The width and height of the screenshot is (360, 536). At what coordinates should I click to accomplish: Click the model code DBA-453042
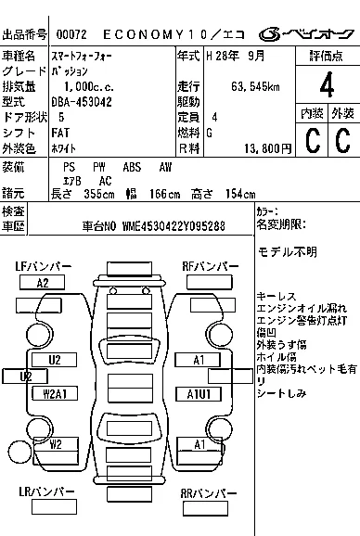click(84, 102)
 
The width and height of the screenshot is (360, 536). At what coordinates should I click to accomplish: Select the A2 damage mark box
click(42, 283)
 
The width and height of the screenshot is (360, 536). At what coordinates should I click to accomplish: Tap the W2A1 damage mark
click(54, 393)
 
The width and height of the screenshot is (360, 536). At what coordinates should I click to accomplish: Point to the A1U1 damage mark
click(199, 393)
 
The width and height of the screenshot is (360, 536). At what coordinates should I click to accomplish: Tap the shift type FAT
click(67, 132)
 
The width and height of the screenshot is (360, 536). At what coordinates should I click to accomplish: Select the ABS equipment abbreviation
click(133, 167)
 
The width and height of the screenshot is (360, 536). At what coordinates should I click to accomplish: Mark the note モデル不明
click(287, 252)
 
